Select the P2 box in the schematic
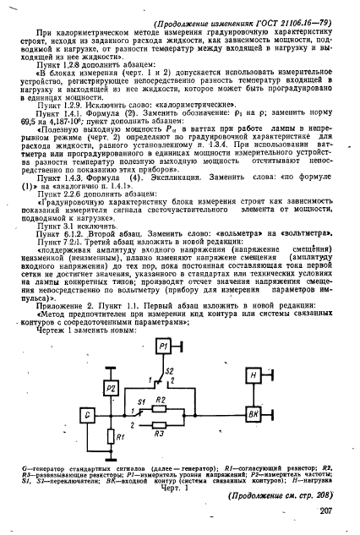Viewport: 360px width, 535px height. [114, 365]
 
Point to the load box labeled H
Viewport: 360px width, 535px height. [253, 352]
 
